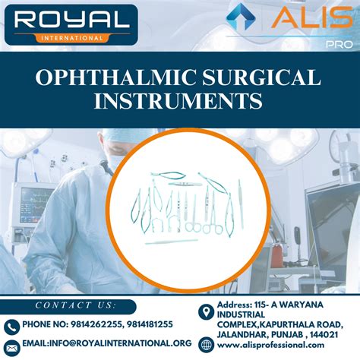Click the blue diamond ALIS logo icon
pos(242,19)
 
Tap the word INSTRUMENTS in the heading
pos(180,102)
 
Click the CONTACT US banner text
pos(75,305)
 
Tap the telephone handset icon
pos(11,326)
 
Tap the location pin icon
pos(204,311)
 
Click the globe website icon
pos(204,346)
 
